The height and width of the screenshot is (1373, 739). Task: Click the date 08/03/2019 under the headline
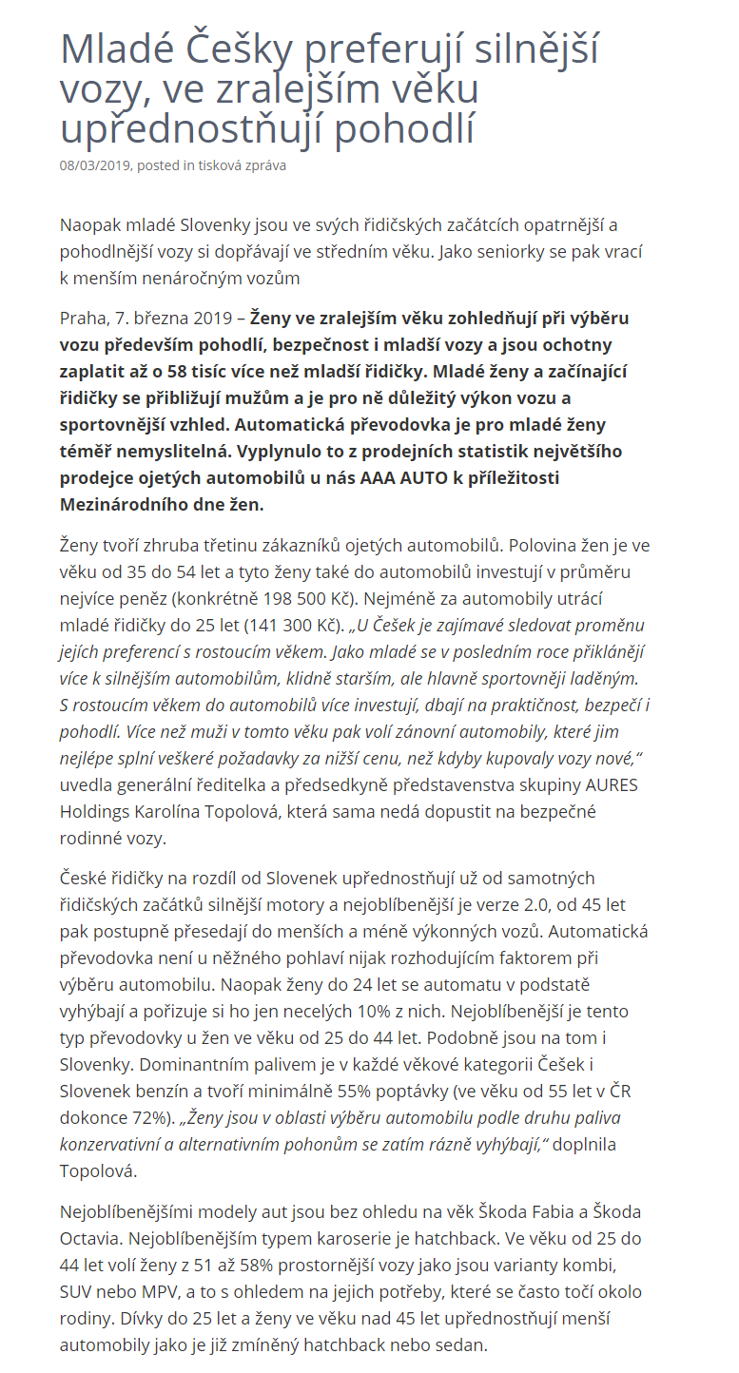click(96, 165)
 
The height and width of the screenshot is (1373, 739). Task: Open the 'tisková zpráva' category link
click(242, 165)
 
